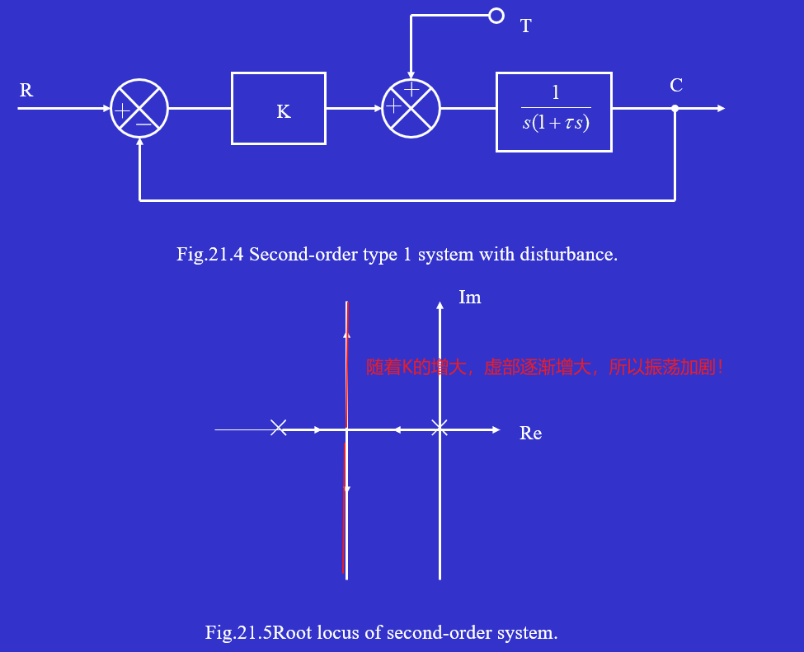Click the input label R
[x=26, y=91]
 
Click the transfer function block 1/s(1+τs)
[x=553, y=111]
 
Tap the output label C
[x=676, y=86]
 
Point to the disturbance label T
[x=525, y=26]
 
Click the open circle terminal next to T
[x=496, y=16]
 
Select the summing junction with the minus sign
[x=139, y=109]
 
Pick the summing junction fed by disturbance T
[x=411, y=109]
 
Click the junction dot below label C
[x=675, y=109]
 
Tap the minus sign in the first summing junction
[x=143, y=124]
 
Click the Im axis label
[x=469, y=298]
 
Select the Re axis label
[x=530, y=434]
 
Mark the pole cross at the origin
[x=440, y=429]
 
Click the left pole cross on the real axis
[x=279, y=428]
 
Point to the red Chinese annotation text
[x=545, y=368]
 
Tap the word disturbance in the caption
[x=567, y=254]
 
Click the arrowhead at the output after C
[x=722, y=109]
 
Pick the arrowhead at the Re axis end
[x=496, y=429]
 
